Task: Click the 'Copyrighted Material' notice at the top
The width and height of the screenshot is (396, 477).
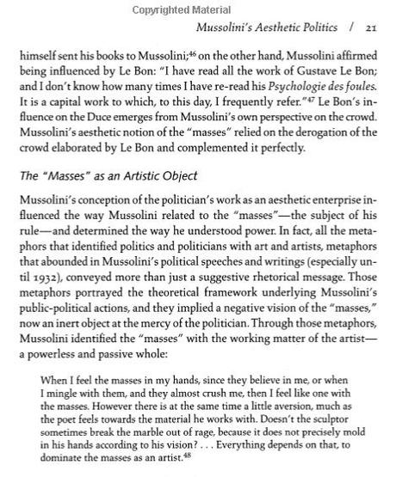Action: click(x=199, y=7)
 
